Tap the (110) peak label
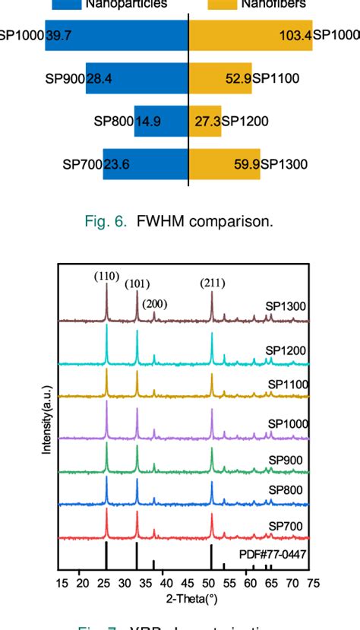pyautogui.click(x=107, y=277)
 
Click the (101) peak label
pyautogui.click(x=137, y=285)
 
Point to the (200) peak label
pyautogui.click(x=155, y=304)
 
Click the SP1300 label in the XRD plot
pyautogui.click(x=286, y=306)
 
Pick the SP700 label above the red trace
pyautogui.click(x=286, y=527)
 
